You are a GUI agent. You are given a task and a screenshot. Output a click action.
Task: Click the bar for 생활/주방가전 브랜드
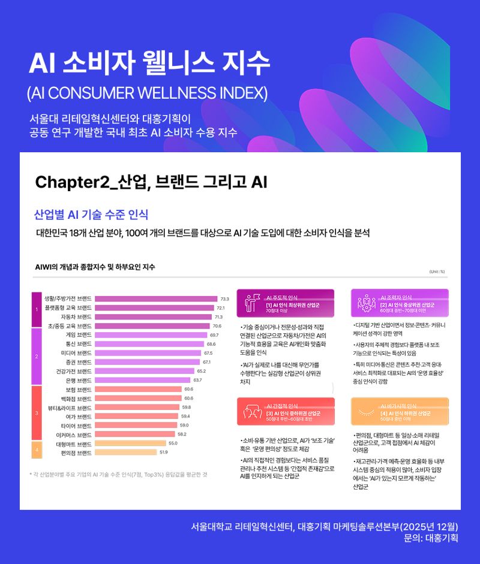pos(156,298)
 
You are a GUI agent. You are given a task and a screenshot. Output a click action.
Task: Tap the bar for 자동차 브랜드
pos(154,316)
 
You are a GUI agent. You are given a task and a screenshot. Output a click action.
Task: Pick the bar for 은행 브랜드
pos(143,380)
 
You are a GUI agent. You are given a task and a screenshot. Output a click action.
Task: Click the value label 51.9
pos(163,453)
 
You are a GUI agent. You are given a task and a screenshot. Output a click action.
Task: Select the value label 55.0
pos(173,444)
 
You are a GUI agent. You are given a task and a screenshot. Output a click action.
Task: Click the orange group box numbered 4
pos(37,448)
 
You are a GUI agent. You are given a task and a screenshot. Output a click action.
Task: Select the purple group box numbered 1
pos(37,309)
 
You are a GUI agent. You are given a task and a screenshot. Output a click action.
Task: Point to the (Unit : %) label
pos(437,272)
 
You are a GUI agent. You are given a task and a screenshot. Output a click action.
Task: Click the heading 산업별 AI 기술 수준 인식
pos(91,215)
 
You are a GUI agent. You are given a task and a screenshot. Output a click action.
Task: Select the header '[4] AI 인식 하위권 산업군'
pos(406,414)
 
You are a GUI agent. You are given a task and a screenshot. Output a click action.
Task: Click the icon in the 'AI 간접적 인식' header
pos(250,411)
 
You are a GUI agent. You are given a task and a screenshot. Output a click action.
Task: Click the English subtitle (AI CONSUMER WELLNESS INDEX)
pos(148,94)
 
